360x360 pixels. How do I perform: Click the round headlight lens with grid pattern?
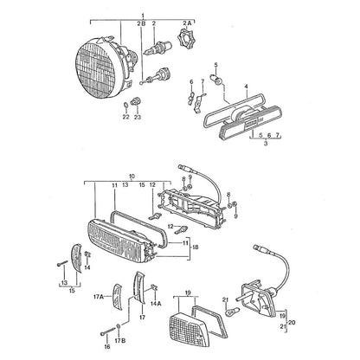point(99,71)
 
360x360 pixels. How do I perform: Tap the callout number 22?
point(125,117)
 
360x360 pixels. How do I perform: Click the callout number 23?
point(138,117)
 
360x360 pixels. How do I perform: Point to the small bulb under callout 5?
point(218,79)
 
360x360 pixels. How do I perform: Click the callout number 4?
point(246,86)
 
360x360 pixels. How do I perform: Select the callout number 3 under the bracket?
point(266,143)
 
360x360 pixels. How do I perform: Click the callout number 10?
point(132,176)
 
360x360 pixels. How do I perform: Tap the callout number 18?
point(195,247)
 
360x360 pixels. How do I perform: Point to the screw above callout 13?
point(62,263)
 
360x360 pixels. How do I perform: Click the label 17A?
point(99,296)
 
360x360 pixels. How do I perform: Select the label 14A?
point(156,304)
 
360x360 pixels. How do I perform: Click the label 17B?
point(120,341)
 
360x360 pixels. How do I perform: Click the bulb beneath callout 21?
point(233,312)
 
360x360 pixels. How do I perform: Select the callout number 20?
point(292,323)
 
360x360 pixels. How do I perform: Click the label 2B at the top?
point(142,23)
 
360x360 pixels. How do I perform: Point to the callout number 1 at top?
point(143,15)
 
